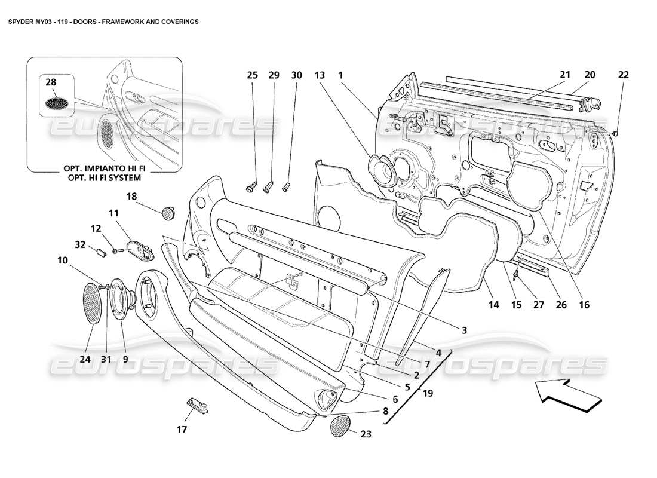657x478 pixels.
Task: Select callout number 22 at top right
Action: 624,75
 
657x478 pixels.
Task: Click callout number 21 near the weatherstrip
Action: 565,75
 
